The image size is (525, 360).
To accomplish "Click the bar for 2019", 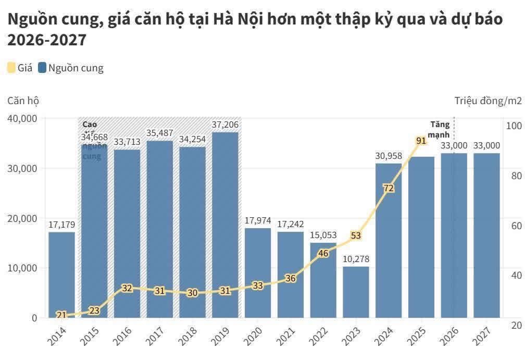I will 225,224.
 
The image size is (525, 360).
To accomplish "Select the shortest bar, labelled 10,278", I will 356,292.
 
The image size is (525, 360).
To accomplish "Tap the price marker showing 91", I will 421,141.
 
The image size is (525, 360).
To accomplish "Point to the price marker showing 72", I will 388,188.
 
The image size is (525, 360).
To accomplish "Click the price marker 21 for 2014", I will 61,315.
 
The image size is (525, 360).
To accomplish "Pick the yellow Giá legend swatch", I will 11,68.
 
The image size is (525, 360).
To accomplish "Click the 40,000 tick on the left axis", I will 22,119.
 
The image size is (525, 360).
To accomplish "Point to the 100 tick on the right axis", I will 514,126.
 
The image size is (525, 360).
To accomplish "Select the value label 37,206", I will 225,125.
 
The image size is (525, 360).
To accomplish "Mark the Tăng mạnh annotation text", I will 439,130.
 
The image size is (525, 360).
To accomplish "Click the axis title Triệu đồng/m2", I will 488,101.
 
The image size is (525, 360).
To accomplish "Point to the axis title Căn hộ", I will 23,101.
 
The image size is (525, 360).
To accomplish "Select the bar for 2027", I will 486,234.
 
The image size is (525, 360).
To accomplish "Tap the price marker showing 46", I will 323,253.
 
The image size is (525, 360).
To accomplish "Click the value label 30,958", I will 389,155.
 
